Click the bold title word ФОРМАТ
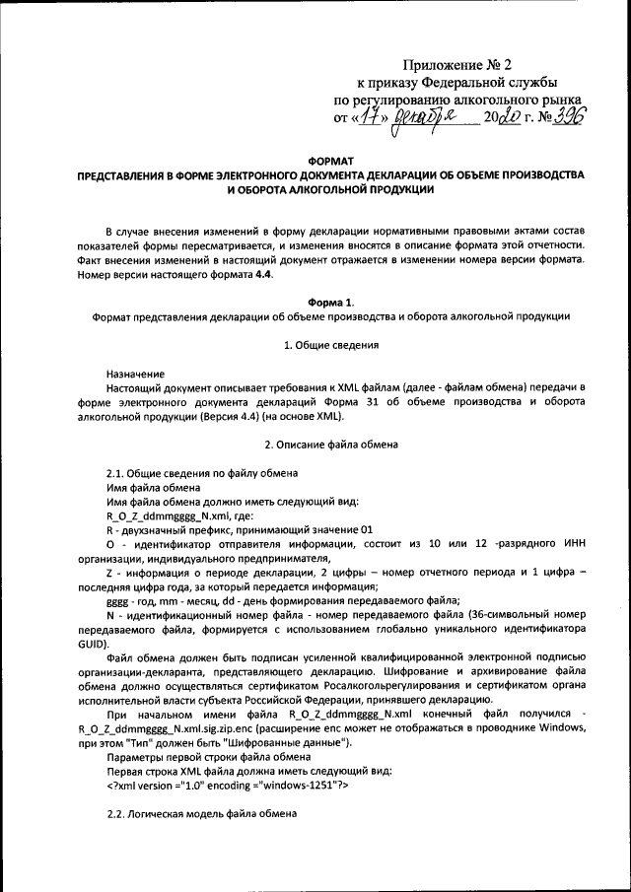coord(329,160)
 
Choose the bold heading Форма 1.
coord(329,302)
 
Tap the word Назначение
coord(135,375)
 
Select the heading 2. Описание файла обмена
coord(329,446)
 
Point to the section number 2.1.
coord(115,474)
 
